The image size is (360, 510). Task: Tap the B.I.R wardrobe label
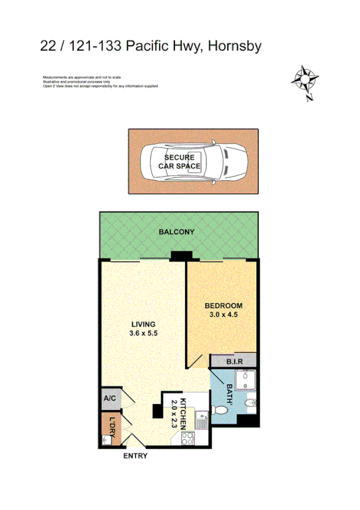pyautogui.click(x=234, y=361)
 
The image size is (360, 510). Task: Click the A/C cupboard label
pyautogui.click(x=110, y=399)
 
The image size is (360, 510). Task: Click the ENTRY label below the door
pyautogui.click(x=135, y=456)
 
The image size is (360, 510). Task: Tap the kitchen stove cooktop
pyautogui.click(x=188, y=438)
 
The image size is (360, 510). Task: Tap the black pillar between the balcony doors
pyautogui.click(x=178, y=256)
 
